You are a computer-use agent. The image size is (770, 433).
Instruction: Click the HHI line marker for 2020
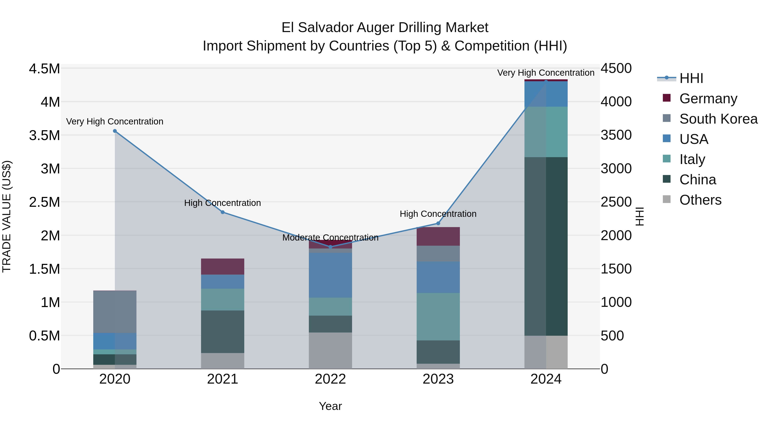pos(115,131)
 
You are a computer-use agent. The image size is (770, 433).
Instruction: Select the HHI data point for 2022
pos(330,247)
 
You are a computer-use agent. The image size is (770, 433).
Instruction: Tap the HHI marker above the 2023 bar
pos(438,223)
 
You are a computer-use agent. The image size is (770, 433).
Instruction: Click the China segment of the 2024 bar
pos(546,246)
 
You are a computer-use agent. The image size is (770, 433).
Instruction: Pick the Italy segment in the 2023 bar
pos(438,316)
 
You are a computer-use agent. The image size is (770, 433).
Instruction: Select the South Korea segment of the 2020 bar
pos(115,312)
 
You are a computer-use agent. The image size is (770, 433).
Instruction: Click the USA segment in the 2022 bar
pos(330,275)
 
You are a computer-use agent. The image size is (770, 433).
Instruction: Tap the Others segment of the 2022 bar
pos(330,350)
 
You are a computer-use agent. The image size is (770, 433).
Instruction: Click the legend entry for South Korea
pos(718,119)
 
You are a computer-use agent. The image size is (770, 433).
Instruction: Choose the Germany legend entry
pos(708,99)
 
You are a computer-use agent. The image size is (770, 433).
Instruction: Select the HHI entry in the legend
pos(691,78)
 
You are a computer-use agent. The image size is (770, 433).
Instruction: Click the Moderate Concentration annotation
pos(330,238)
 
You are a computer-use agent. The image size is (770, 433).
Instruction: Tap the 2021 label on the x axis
pos(222,379)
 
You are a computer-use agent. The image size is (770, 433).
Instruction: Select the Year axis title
pos(330,406)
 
